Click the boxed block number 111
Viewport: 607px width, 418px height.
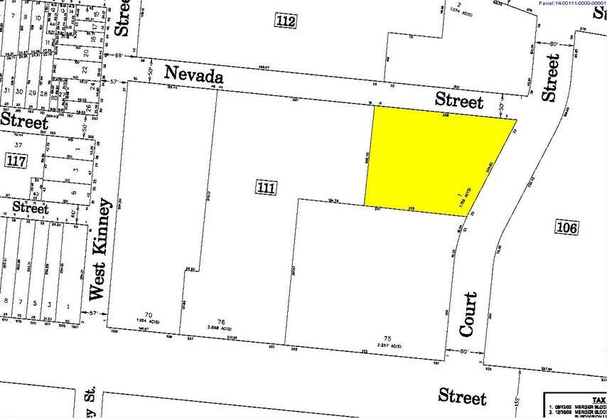point(265,188)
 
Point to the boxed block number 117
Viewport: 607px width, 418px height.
point(15,161)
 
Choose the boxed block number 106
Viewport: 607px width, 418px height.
point(568,227)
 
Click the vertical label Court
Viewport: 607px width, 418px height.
point(468,313)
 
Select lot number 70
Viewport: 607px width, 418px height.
point(149,314)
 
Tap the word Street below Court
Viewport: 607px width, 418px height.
point(462,396)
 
